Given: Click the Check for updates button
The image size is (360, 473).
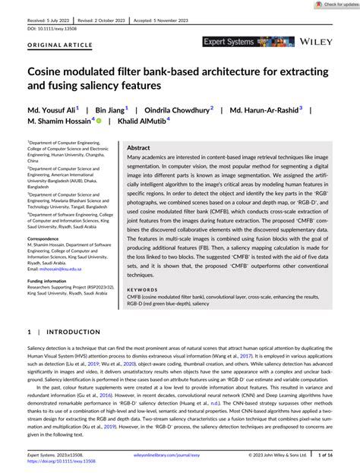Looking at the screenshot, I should (x=333, y=5).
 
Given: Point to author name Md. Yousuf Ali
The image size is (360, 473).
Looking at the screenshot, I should (x=51, y=109).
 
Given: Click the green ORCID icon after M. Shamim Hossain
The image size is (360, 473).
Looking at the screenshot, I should (x=99, y=120).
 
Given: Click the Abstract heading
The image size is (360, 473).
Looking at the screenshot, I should (x=138, y=148).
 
